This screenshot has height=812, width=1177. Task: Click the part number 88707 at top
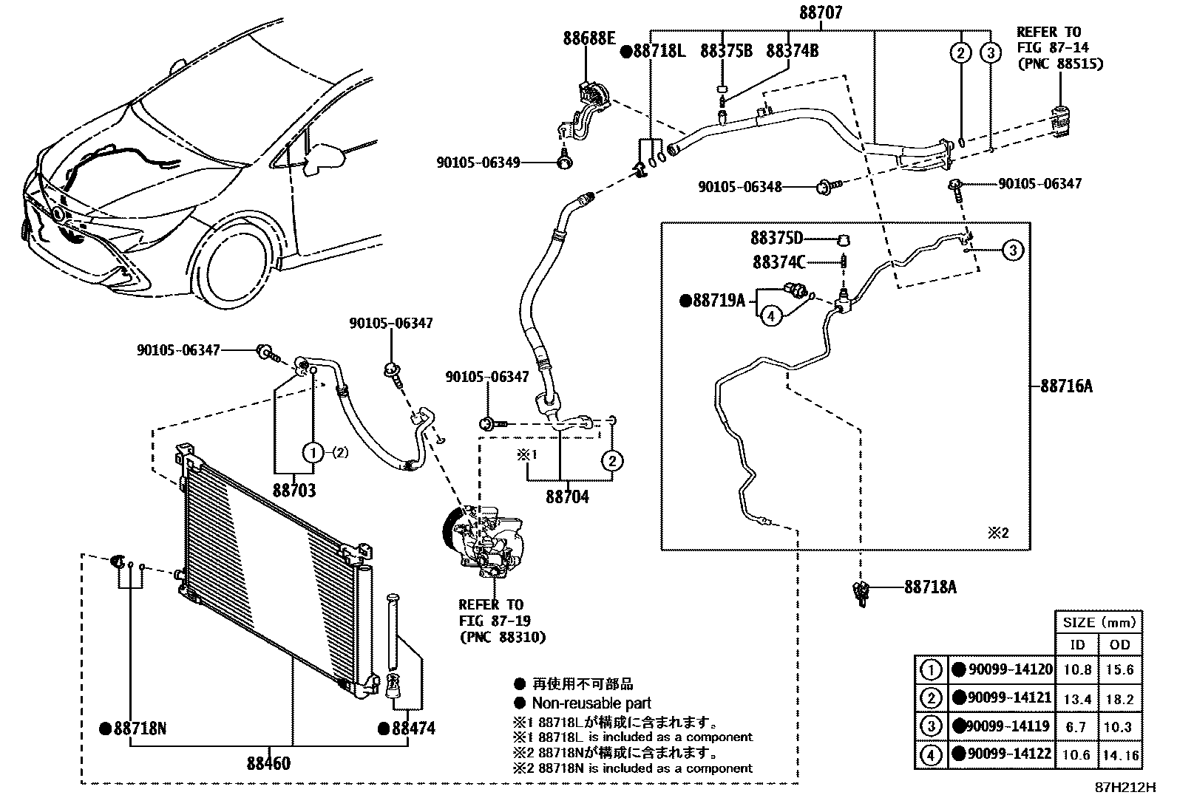tap(820, 13)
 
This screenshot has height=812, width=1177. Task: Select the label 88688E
tap(588, 38)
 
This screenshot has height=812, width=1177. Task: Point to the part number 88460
tap(268, 764)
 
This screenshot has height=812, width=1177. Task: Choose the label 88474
tap(413, 729)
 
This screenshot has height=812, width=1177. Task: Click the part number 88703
tap(294, 491)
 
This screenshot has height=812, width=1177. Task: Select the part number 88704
tap(567, 497)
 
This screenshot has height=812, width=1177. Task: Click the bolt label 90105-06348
tap(739, 188)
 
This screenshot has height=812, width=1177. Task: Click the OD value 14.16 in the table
tap(1120, 756)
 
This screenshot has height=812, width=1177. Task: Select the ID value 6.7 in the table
tap(1077, 727)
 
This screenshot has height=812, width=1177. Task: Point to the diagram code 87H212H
tap(1125, 788)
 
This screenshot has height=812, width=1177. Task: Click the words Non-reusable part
tap(591, 703)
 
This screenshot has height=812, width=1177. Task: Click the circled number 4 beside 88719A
tap(770, 316)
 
